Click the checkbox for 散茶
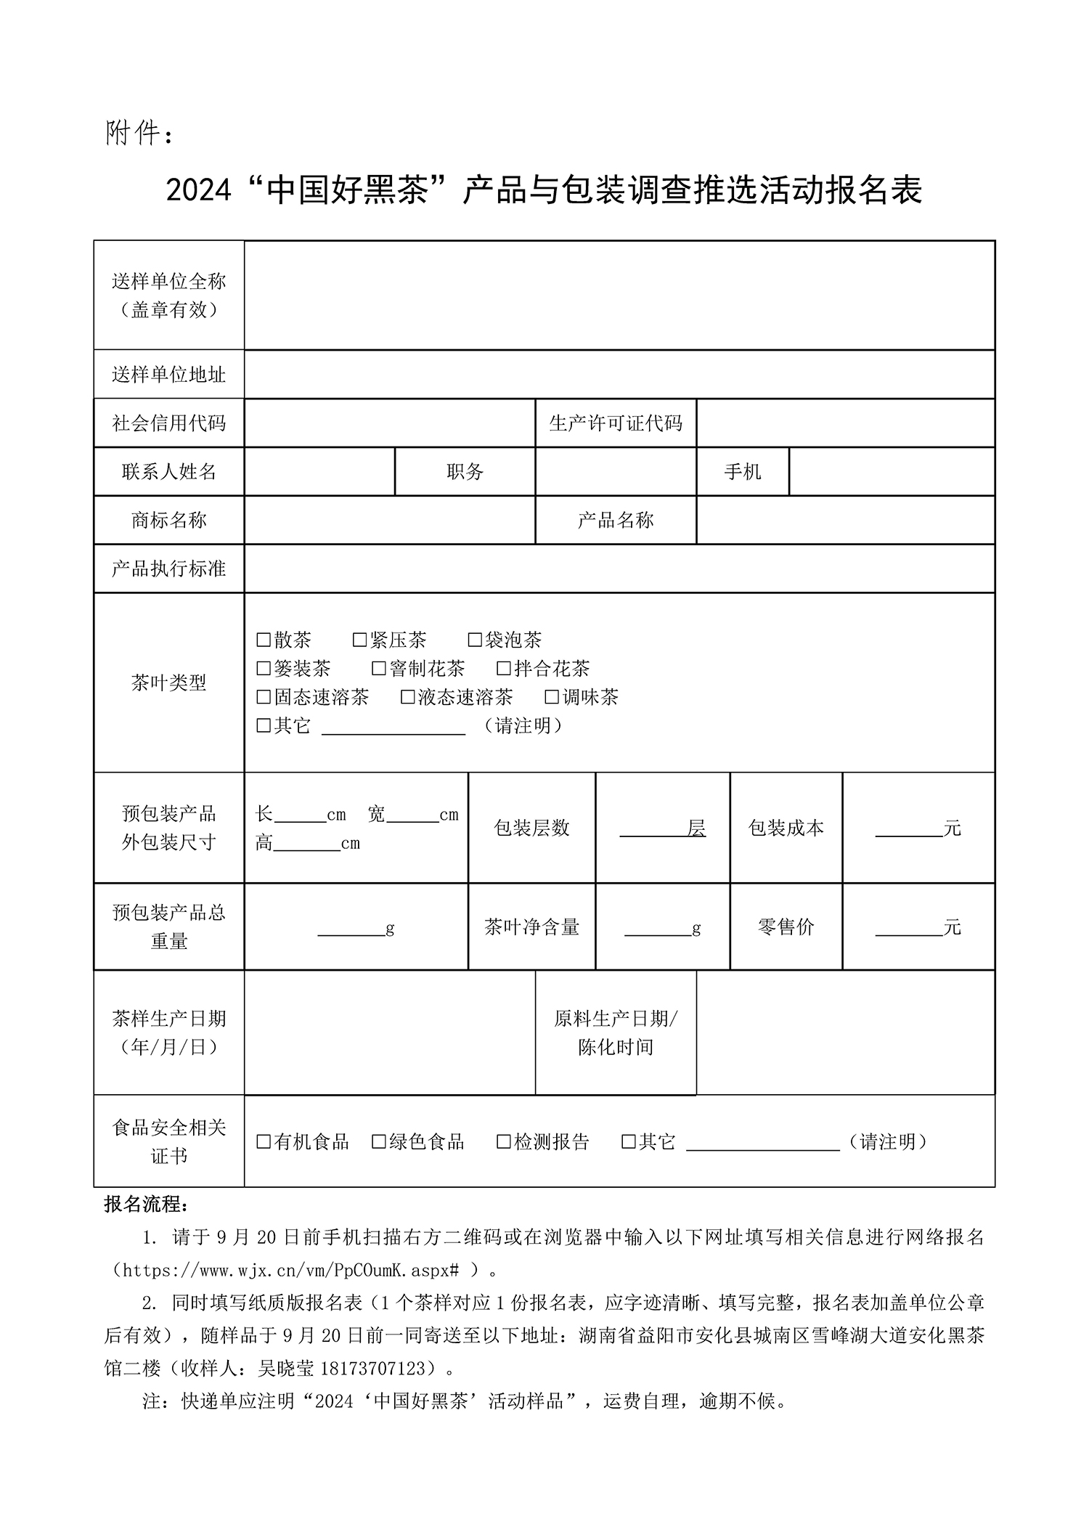point(264,640)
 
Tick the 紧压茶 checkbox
point(359,640)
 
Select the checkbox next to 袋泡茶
point(475,640)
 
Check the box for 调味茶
point(552,697)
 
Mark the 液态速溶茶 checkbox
point(408,697)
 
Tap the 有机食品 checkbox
point(264,1141)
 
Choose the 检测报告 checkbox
point(503,1141)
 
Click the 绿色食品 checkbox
point(378,1141)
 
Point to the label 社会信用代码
point(168,423)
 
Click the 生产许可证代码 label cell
point(616,423)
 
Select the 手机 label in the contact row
point(742,472)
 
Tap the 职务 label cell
point(465,472)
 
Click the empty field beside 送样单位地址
point(619,375)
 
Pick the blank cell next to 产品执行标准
point(619,569)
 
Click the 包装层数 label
point(531,828)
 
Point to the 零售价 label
point(786,926)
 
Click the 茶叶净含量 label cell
point(531,926)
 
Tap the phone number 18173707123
point(372,1369)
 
